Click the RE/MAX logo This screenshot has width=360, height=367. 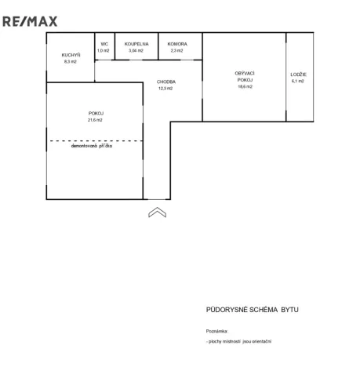pyautogui.click(x=30, y=21)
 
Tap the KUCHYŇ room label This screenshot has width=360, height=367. pyautogui.click(x=71, y=55)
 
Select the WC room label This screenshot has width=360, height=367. pyautogui.click(x=104, y=44)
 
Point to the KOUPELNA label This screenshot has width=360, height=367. pyautogui.click(x=136, y=44)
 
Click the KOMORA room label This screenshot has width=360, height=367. pyautogui.click(x=177, y=44)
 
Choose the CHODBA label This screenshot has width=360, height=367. pyautogui.click(x=166, y=82)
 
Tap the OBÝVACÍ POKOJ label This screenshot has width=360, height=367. pyautogui.click(x=245, y=77)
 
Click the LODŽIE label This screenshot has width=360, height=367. pyautogui.click(x=298, y=74)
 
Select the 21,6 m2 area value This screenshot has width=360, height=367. pyautogui.click(x=95, y=120)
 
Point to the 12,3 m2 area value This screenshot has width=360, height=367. pyautogui.click(x=165, y=89)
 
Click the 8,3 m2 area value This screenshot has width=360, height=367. pyautogui.click(x=71, y=62)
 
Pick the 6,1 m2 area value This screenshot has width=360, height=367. pyautogui.click(x=298, y=82)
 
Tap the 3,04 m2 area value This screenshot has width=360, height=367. pyautogui.click(x=136, y=51)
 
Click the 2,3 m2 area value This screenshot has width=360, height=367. pyautogui.click(x=176, y=51)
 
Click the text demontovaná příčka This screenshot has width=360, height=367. pyautogui.click(x=92, y=146)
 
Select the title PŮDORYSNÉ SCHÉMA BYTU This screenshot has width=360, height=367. pyautogui.click(x=253, y=310)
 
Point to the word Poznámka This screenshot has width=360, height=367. pyautogui.click(x=217, y=331)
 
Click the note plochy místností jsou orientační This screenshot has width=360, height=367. pyautogui.click(x=240, y=341)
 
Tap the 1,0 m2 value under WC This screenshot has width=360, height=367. pyautogui.click(x=104, y=51)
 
